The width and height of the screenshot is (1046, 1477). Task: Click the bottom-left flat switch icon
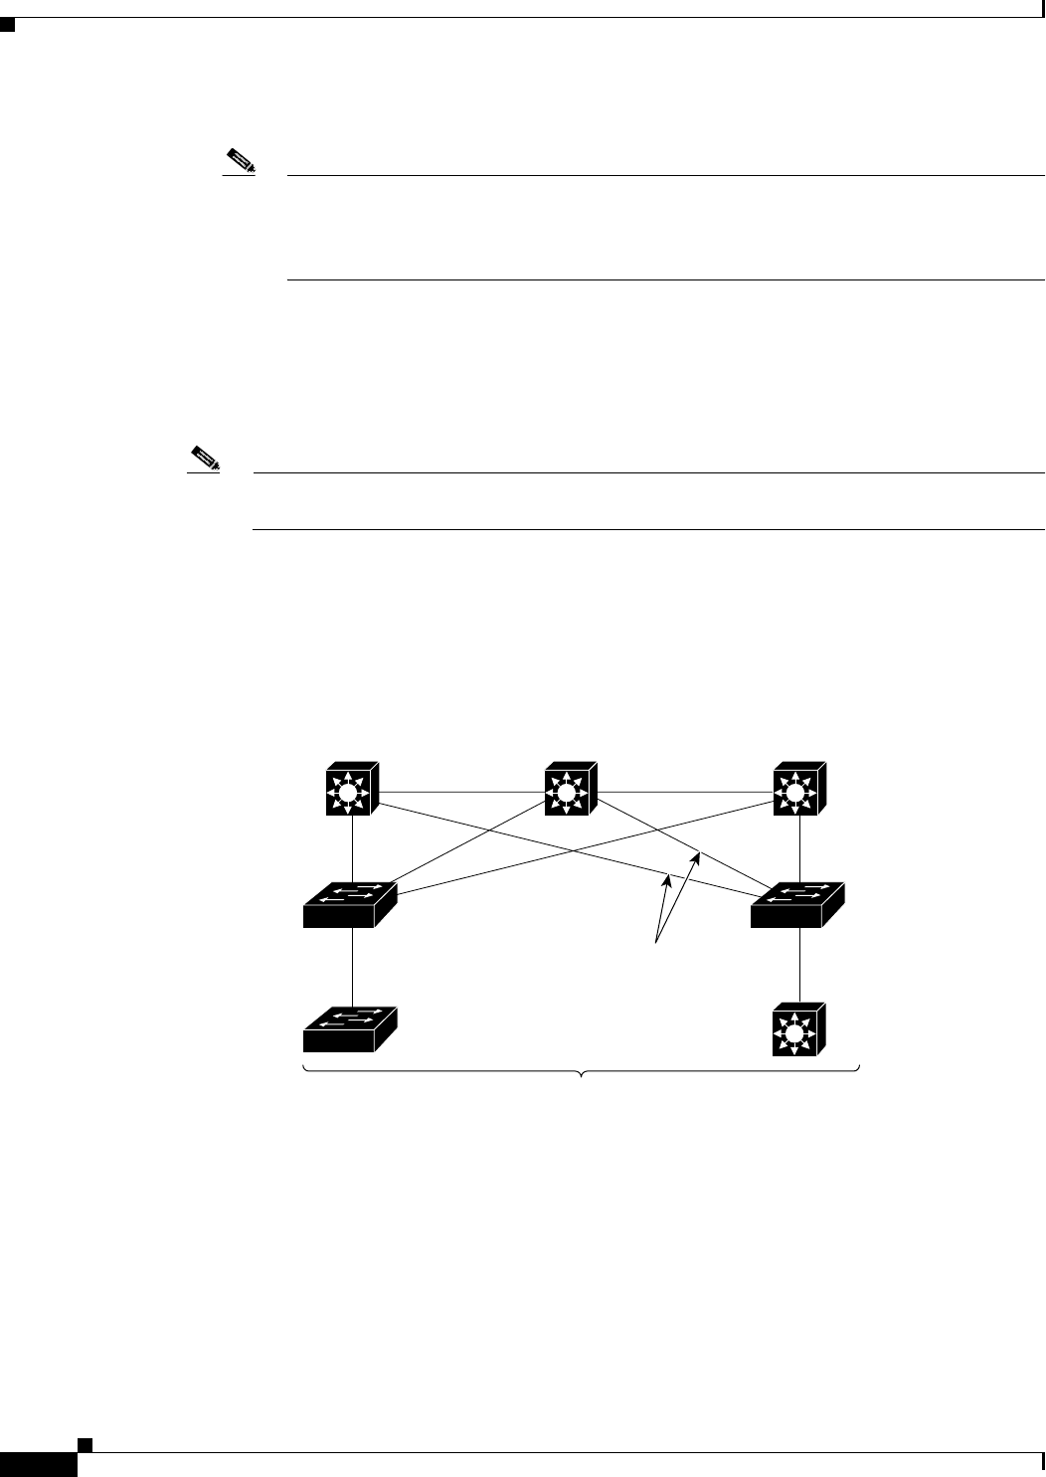349,1029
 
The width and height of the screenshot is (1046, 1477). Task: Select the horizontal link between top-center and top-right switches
685,793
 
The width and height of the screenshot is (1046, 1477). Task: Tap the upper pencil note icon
240,160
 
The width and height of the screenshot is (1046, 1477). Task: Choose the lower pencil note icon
204,459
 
